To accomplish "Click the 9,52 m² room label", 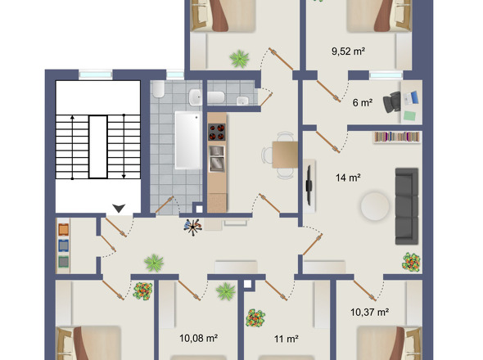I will tap(348, 51).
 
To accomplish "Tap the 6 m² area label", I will tap(363, 102).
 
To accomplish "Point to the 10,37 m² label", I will tap(368, 312).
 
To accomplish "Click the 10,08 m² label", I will tap(197, 337).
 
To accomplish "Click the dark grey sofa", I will tap(407, 205).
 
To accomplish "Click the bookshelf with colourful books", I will tap(398, 137).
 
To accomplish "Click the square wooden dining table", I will tap(283, 153).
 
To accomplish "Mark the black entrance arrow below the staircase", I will tap(120, 209).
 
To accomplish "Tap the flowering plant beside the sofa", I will tap(411, 262).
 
